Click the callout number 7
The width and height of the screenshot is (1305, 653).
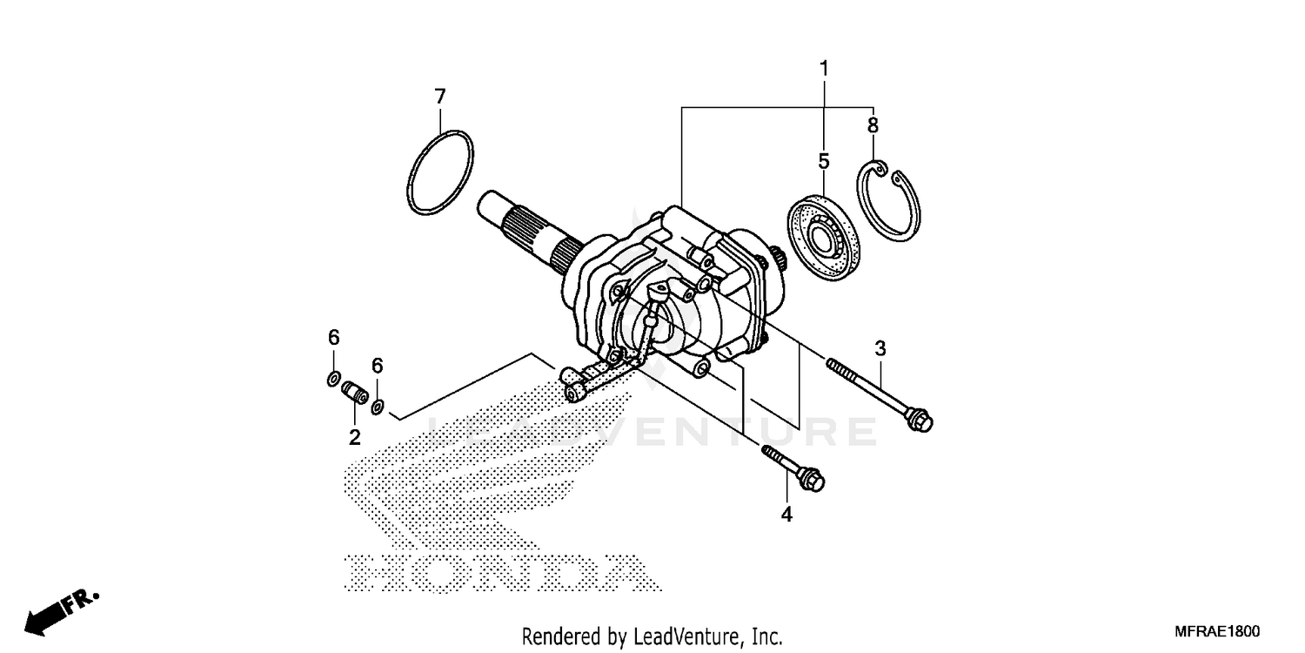coord(439,96)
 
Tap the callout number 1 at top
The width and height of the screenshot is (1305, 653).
coord(823,68)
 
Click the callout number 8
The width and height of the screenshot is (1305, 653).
coord(873,125)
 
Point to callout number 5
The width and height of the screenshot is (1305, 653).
coord(823,161)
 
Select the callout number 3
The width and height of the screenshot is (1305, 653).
coord(880,349)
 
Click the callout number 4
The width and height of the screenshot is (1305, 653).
coord(786,515)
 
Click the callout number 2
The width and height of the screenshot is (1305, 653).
coord(354,437)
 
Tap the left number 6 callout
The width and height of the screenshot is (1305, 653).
coord(333,337)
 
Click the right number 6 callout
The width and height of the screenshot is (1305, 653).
coord(377,366)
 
